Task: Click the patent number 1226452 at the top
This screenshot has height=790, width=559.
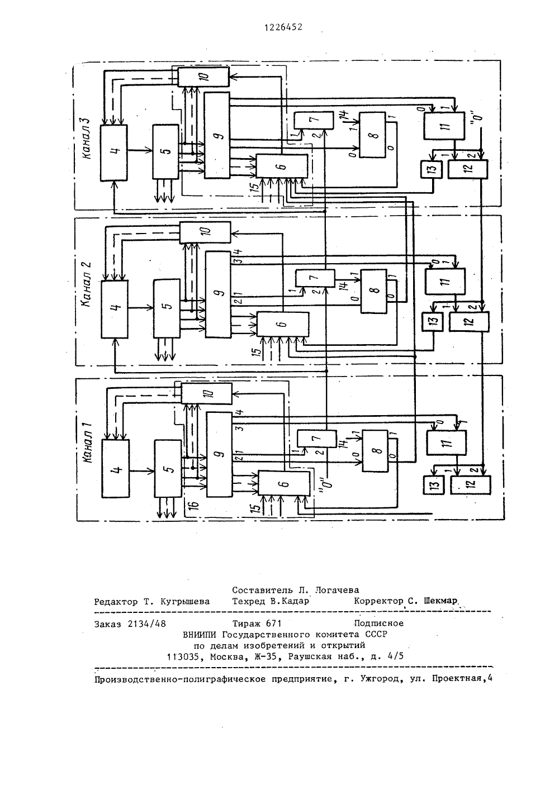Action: click(283, 27)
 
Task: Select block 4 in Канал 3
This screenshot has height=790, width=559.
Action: click(113, 153)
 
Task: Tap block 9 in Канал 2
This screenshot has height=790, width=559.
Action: click(218, 294)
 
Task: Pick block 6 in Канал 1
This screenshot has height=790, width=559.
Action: click(284, 483)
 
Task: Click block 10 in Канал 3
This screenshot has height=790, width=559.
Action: click(203, 77)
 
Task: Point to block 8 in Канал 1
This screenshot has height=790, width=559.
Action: click(376, 451)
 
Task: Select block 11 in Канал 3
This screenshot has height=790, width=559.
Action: click(444, 126)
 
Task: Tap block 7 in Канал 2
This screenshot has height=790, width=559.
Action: click(315, 278)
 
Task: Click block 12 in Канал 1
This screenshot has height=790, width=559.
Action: click(471, 484)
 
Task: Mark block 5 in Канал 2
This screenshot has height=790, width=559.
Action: click(167, 308)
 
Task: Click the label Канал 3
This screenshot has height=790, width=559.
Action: click(87, 139)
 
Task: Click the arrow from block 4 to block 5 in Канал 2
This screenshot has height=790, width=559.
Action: click(140, 308)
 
